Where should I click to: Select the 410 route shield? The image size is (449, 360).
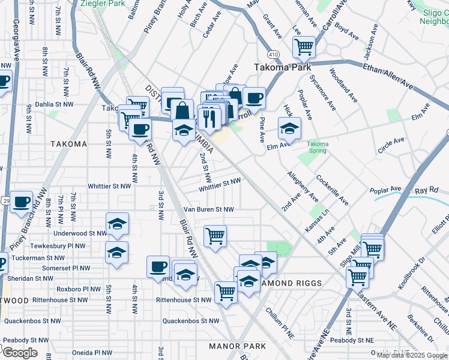275,55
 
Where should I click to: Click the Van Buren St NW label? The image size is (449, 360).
208,210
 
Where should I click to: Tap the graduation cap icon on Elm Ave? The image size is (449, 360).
289,128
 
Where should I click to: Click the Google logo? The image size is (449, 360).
19,353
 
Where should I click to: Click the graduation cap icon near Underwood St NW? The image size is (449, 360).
117,224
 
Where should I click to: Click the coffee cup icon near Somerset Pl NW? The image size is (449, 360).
158,266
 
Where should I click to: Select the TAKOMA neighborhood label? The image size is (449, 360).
68,144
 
